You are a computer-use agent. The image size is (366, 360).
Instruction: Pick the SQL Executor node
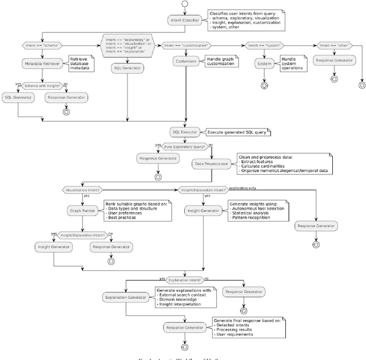(x=185, y=131)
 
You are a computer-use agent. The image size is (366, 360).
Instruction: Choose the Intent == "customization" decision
(x=186, y=45)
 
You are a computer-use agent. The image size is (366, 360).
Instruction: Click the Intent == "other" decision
(x=332, y=45)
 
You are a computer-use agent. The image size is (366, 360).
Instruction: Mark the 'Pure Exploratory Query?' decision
(x=185, y=146)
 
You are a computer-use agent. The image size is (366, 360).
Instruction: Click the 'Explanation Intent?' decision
(x=185, y=280)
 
